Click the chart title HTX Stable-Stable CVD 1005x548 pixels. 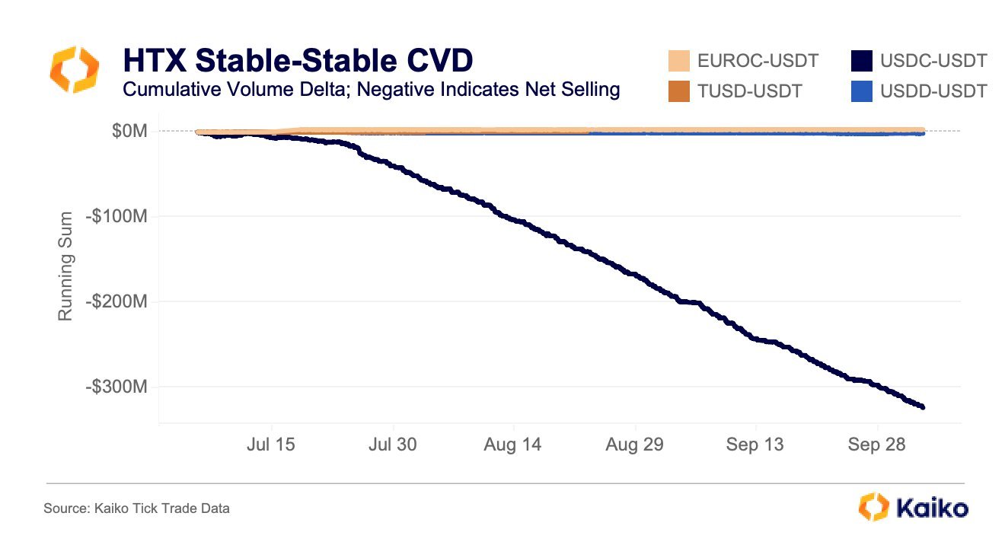pyautogui.click(x=297, y=61)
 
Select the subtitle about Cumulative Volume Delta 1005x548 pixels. pyautogui.click(x=371, y=90)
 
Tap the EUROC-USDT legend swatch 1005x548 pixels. pyautogui.click(x=678, y=61)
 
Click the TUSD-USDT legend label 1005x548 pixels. pyautogui.click(x=749, y=91)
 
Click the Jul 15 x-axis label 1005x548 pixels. pyautogui.click(x=272, y=444)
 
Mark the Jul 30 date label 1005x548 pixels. pyautogui.click(x=392, y=444)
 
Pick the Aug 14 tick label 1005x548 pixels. pyautogui.click(x=512, y=444)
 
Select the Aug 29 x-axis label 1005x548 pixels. pyautogui.click(x=634, y=444)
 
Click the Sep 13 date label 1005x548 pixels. pyautogui.click(x=755, y=444)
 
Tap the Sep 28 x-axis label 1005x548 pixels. pyautogui.click(x=876, y=444)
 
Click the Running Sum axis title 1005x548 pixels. pyautogui.click(x=66, y=266)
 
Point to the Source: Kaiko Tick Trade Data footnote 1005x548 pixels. pyautogui.click(x=136, y=508)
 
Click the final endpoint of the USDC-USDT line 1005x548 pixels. pyautogui.click(x=923, y=407)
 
